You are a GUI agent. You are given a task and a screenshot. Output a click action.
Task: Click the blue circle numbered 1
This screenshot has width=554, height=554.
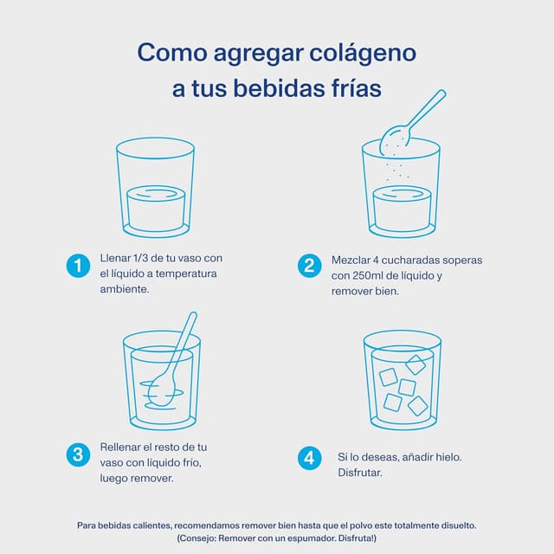[78, 267]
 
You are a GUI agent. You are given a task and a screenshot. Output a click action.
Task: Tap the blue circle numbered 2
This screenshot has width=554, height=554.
[309, 267]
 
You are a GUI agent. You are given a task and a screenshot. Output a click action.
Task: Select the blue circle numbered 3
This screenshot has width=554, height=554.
[78, 454]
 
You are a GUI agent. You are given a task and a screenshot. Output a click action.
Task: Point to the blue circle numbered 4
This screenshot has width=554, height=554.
[309, 458]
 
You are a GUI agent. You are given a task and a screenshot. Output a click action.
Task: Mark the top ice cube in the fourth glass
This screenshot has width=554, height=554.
[415, 364]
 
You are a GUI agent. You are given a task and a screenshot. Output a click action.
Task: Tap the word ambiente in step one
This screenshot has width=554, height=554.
[125, 289]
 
